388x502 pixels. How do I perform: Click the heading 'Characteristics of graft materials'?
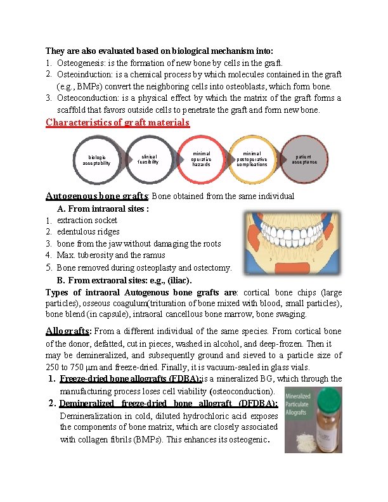pos(117,122)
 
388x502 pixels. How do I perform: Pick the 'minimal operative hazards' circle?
pos(201,158)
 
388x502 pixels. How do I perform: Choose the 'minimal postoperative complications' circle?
pos(252,158)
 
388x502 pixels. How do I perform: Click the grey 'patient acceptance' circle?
pos(305,158)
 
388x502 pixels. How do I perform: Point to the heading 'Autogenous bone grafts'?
pos(97,196)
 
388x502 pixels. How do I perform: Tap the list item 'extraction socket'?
pos(87,220)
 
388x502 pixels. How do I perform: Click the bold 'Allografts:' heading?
pos(69,331)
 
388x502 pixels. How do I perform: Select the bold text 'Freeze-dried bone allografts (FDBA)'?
pos(129,378)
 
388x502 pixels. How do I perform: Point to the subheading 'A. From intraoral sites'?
pos(103,209)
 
